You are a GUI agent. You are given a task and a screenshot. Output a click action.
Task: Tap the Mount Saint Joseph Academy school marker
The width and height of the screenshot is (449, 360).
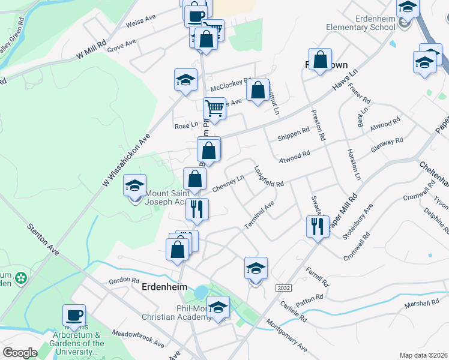click(x=134, y=185)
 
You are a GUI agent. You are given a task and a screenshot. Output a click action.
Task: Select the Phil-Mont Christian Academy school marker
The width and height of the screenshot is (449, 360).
click(x=218, y=307)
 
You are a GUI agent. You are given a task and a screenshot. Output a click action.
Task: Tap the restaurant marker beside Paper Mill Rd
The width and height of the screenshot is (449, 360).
click(x=316, y=226)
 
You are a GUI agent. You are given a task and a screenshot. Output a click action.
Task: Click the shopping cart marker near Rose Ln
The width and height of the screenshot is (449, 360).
click(x=214, y=109)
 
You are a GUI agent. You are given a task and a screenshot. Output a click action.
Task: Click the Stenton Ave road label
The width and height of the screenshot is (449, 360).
click(x=43, y=240)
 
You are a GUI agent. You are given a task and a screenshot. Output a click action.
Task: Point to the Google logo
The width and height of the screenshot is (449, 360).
click(x=20, y=353)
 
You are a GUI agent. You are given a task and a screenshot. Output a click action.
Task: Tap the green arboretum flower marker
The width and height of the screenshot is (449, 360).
click(x=22, y=278)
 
